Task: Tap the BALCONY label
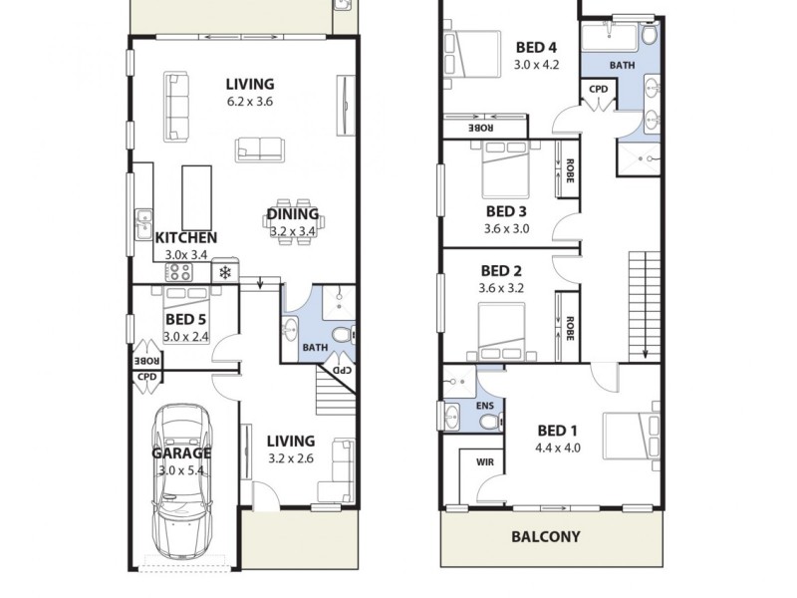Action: [545, 536]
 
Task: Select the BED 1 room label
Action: [558, 431]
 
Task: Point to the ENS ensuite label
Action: [485, 407]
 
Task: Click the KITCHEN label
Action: [186, 238]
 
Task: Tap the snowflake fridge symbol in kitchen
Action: [225, 272]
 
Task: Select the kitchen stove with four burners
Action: [179, 271]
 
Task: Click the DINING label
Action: [293, 214]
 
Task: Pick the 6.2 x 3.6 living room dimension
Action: [249, 102]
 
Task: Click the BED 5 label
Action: [185, 320]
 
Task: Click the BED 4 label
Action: [536, 47]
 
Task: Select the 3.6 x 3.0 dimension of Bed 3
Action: [506, 228]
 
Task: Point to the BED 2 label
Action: [501, 271]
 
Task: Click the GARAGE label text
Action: [180, 452]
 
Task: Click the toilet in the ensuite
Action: [488, 423]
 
